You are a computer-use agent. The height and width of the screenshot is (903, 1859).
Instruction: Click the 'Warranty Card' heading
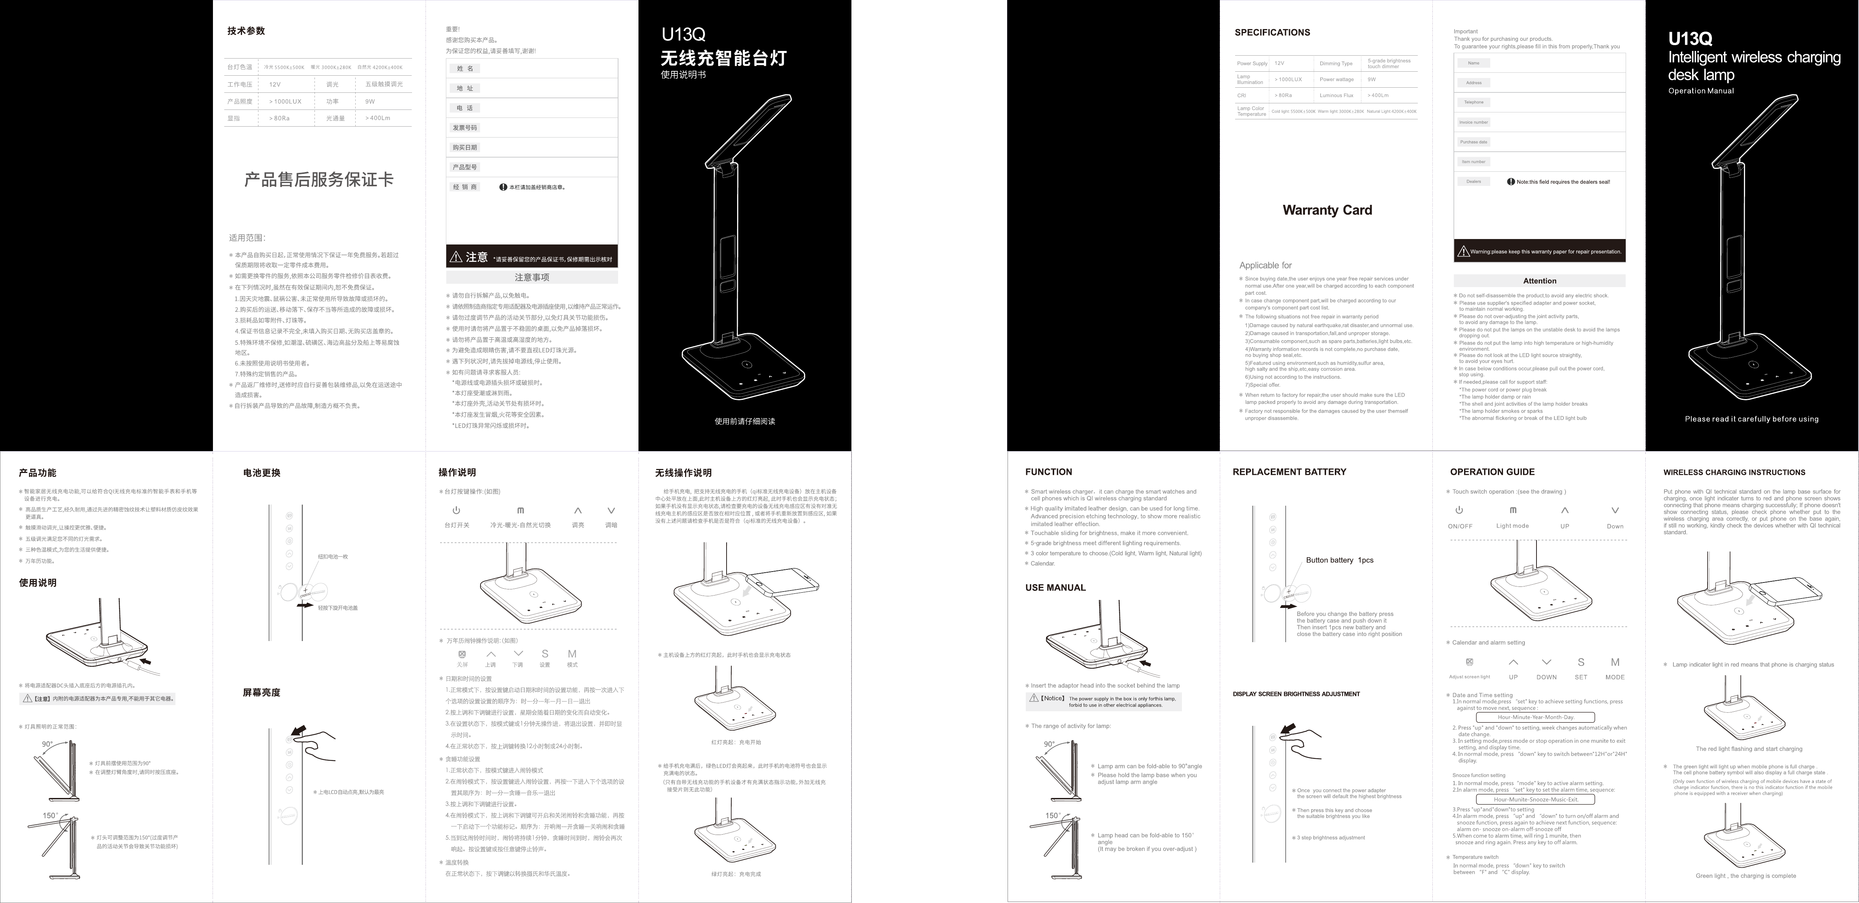point(1327,210)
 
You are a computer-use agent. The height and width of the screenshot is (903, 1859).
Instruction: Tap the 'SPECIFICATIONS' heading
point(1272,32)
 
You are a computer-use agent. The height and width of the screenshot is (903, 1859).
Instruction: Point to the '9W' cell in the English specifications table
point(1371,79)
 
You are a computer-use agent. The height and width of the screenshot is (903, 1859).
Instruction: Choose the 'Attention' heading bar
point(1539,281)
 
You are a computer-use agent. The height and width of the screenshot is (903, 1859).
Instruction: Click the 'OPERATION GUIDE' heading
point(1492,472)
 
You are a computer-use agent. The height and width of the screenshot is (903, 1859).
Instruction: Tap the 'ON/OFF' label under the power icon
point(1460,526)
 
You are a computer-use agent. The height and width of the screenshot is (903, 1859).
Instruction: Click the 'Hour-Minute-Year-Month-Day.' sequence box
point(1535,717)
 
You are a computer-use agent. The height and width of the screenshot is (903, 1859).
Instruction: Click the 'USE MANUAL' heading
point(1055,587)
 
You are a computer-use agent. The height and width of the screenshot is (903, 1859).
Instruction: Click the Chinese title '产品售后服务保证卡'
point(319,180)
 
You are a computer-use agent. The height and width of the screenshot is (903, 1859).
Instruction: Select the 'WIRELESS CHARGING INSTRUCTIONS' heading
point(1734,472)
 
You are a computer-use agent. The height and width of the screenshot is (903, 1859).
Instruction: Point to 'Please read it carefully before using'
point(1752,419)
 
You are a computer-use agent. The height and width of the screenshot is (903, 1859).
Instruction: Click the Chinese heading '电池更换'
point(261,473)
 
